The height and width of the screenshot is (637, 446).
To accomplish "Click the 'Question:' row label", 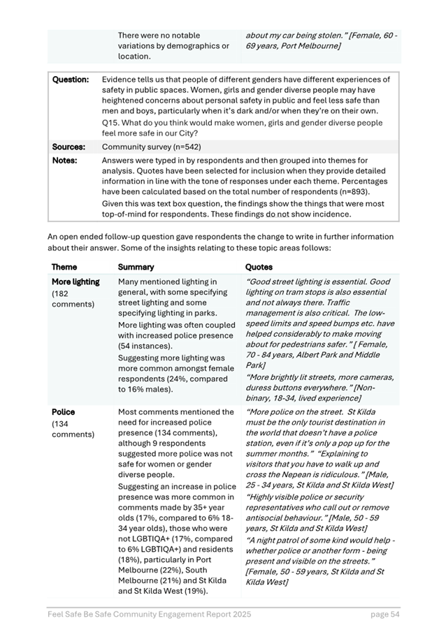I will coord(71,80).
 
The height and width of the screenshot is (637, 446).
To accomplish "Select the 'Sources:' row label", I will coord(69,147).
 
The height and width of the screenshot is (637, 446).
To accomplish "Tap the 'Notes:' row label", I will coord(65,160).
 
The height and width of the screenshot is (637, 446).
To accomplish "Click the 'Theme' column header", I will coord(64,267).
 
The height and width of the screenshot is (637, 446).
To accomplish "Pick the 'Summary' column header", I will coord(136,267).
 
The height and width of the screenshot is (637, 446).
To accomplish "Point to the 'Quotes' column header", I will coord(259,267).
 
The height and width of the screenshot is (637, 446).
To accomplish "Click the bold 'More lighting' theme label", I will coord(75,282).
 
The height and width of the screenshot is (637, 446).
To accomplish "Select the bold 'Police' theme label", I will coord(63,412).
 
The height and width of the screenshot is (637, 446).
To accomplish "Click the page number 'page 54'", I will coord(385,614).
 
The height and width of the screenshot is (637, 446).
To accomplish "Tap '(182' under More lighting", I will coord(61,293).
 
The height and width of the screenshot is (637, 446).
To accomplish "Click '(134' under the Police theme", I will coord(61,423).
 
